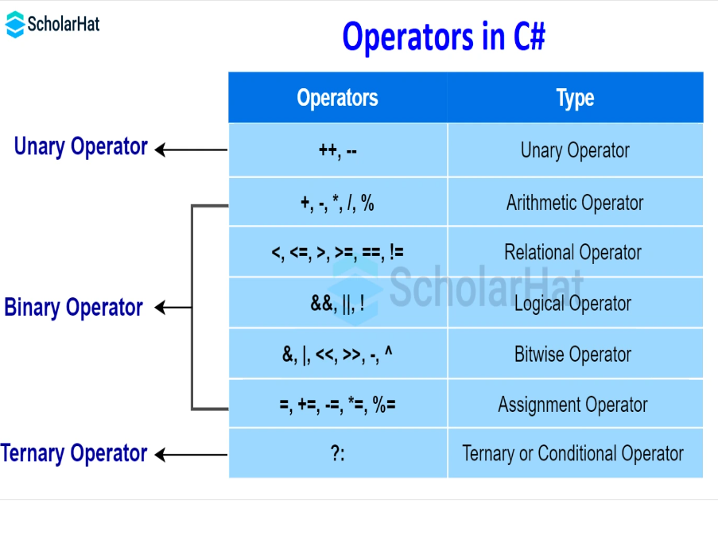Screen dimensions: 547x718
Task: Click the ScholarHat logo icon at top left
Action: pyautogui.click(x=15, y=25)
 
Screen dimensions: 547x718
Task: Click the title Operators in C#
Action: pyautogui.click(x=443, y=37)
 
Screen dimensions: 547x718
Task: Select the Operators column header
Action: pyautogui.click(x=337, y=98)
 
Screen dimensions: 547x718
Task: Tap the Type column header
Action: pyautogui.click(x=575, y=98)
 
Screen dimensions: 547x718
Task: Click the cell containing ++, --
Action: pyautogui.click(x=337, y=150)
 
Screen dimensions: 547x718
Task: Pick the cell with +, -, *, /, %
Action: pyautogui.click(x=337, y=203)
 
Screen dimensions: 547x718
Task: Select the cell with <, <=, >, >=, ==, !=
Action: pyautogui.click(x=337, y=253)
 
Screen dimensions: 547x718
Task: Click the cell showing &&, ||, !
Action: pyautogui.click(x=337, y=304)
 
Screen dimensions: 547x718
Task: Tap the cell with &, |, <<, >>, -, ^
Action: pyautogui.click(x=337, y=355)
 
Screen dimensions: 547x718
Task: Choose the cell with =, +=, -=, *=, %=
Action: pyautogui.click(x=337, y=405)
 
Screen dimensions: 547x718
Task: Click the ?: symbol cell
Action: pyautogui.click(x=337, y=454)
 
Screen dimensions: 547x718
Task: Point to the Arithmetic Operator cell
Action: pyautogui.click(x=575, y=203)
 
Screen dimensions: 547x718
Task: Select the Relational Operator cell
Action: pyautogui.click(x=572, y=253)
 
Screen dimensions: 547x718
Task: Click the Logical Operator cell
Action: pyautogui.click(x=572, y=304)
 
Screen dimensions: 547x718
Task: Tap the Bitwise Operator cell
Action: pyautogui.click(x=572, y=355)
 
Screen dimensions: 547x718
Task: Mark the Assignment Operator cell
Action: pyautogui.click(x=572, y=405)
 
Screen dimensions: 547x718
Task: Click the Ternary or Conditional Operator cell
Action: pyautogui.click(x=572, y=454)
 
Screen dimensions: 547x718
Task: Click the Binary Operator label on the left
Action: pyautogui.click(x=73, y=308)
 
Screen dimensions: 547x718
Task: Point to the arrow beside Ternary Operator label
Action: pyautogui.click(x=190, y=455)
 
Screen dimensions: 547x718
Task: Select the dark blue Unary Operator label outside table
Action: pyautogui.click(x=80, y=147)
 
